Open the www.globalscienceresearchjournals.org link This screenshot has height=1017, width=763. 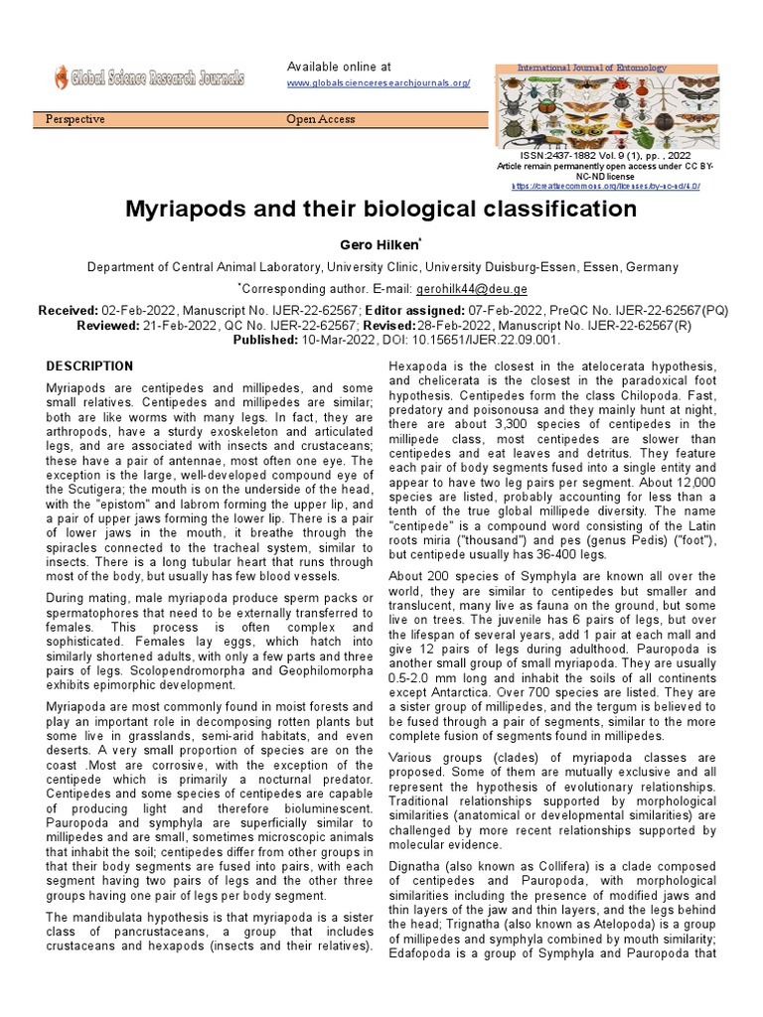coord(379,84)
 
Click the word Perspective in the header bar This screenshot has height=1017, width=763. coord(76,120)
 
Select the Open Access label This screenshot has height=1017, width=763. coord(320,120)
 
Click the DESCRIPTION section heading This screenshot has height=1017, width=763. coord(89,366)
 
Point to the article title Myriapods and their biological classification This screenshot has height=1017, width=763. coord(381,210)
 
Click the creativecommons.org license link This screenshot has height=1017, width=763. coord(606,186)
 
